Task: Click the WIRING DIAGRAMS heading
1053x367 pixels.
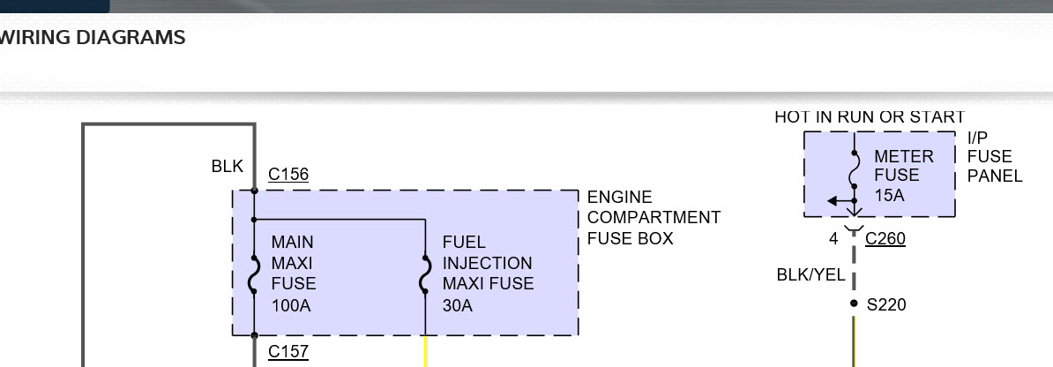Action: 93,38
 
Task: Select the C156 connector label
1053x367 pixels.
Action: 288,175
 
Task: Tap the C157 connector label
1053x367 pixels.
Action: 288,352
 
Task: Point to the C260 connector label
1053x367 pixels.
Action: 885,238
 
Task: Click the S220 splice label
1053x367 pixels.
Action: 886,304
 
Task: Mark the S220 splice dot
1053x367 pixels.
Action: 854,303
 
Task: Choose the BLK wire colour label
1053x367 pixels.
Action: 227,166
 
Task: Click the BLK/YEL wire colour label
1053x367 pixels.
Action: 810,275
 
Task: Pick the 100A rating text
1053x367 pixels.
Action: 292,306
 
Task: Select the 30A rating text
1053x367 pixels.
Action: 458,306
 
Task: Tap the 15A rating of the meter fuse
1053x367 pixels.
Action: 890,195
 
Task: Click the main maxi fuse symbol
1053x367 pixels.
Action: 254,274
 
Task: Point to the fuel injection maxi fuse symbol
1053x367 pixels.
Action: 426,274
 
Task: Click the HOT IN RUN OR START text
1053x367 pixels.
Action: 870,116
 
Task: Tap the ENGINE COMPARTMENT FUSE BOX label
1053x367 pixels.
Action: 653,218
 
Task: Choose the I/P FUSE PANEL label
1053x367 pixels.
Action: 994,157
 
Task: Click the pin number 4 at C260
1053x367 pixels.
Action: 833,238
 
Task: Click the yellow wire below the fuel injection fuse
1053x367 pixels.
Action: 426,351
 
